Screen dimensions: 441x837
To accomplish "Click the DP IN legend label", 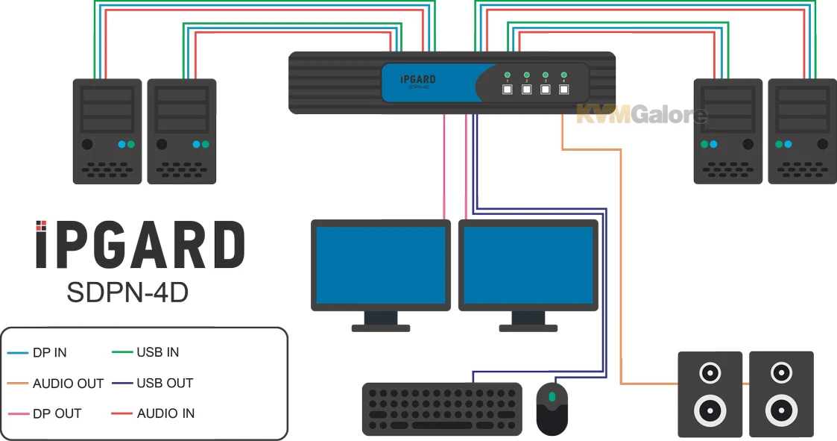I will point(49,353).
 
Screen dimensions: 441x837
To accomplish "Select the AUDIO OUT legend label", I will point(68,384).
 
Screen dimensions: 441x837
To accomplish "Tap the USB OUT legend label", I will point(165,384).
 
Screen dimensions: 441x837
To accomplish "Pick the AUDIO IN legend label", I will point(165,413).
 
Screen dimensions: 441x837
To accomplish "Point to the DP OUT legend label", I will point(57,413).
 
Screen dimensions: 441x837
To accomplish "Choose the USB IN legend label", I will point(157,352).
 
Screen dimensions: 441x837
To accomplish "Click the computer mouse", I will point(552,408).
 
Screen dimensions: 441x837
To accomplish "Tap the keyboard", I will point(442,409).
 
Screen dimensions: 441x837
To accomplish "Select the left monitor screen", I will point(380,263).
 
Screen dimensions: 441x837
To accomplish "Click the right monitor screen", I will point(528,263).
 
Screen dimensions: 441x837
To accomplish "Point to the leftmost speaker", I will point(710,394).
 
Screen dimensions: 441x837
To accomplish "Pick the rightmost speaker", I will point(780,394).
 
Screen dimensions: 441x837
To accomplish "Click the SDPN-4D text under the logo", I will point(127,293).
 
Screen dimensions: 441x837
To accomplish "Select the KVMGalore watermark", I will point(641,115).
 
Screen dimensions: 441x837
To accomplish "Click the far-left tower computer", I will point(107,131).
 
